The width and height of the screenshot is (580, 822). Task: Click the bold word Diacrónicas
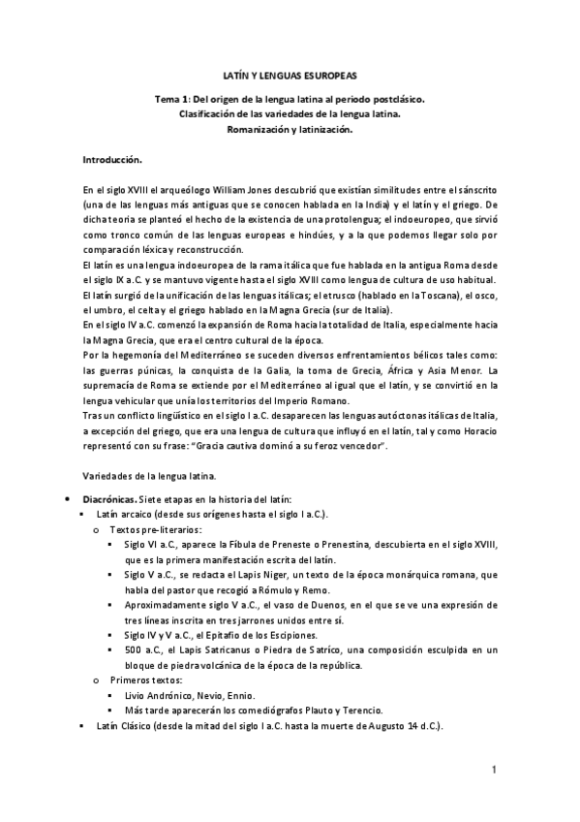pyautogui.click(x=112, y=498)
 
